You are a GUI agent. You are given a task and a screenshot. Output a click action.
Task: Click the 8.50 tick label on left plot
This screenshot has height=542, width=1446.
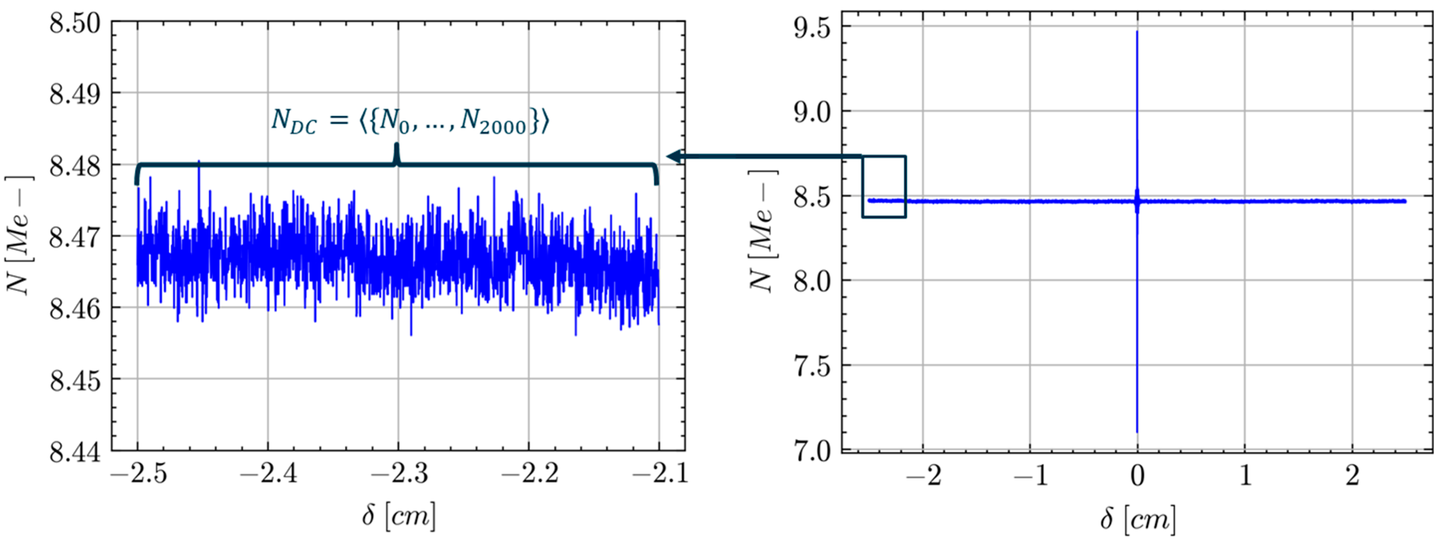click(x=75, y=24)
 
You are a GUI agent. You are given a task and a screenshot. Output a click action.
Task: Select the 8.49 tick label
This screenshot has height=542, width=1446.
click(x=75, y=95)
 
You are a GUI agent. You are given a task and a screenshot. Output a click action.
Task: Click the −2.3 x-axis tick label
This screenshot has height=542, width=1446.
click(x=399, y=475)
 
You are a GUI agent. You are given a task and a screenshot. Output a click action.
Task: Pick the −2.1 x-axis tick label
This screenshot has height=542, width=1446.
click(x=659, y=475)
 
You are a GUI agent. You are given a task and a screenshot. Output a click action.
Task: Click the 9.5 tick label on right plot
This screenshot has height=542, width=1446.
click(x=812, y=28)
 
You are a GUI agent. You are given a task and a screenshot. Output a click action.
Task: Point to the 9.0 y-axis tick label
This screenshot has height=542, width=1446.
click(x=812, y=113)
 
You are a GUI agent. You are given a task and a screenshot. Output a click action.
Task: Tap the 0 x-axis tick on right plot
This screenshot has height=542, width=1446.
click(x=1137, y=476)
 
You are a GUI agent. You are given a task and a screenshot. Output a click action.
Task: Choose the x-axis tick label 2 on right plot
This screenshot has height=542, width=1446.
click(x=1353, y=476)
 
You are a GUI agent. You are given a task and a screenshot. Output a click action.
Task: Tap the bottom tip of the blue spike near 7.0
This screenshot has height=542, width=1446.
click(x=1137, y=432)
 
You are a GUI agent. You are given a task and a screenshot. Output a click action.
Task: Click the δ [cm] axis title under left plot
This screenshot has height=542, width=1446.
click(x=399, y=516)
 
